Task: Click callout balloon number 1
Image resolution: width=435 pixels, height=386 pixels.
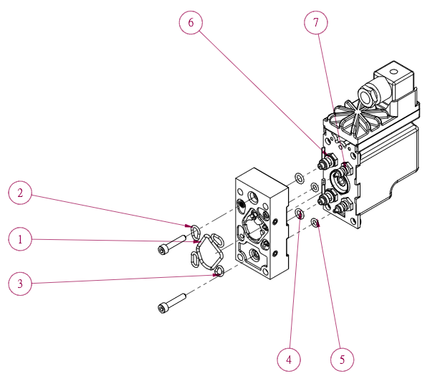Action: (x=20, y=239)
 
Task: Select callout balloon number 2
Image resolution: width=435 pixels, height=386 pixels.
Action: (x=20, y=193)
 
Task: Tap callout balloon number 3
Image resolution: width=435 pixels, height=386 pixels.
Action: (x=20, y=284)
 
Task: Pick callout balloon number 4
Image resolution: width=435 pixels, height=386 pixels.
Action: (x=290, y=359)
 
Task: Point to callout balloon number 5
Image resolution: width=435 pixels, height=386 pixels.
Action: (x=342, y=359)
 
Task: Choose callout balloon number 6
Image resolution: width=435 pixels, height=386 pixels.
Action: (x=191, y=23)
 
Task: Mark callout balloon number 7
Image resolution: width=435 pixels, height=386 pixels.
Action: (x=315, y=23)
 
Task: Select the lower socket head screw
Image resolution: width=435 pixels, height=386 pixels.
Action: (x=172, y=302)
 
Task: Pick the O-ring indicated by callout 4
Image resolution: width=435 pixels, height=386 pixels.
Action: (x=300, y=214)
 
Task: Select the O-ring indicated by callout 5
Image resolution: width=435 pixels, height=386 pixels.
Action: (x=315, y=224)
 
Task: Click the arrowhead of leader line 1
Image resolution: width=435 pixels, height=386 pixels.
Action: (x=198, y=242)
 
